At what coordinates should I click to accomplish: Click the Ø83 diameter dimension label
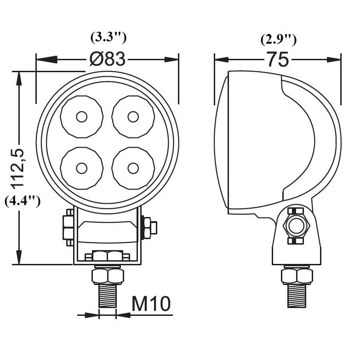coord(108,59)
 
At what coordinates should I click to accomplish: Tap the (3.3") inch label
coord(109,37)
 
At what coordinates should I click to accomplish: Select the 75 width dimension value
coord(278,59)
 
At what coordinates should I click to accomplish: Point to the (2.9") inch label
coord(279,40)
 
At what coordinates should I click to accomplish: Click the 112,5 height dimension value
coord(18,169)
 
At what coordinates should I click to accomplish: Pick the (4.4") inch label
coord(23,201)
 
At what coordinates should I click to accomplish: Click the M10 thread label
coord(151,303)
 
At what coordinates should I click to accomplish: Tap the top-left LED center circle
coord(82,117)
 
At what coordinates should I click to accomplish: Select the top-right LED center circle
coord(133,117)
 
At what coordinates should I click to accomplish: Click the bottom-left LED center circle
coord(82,168)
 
